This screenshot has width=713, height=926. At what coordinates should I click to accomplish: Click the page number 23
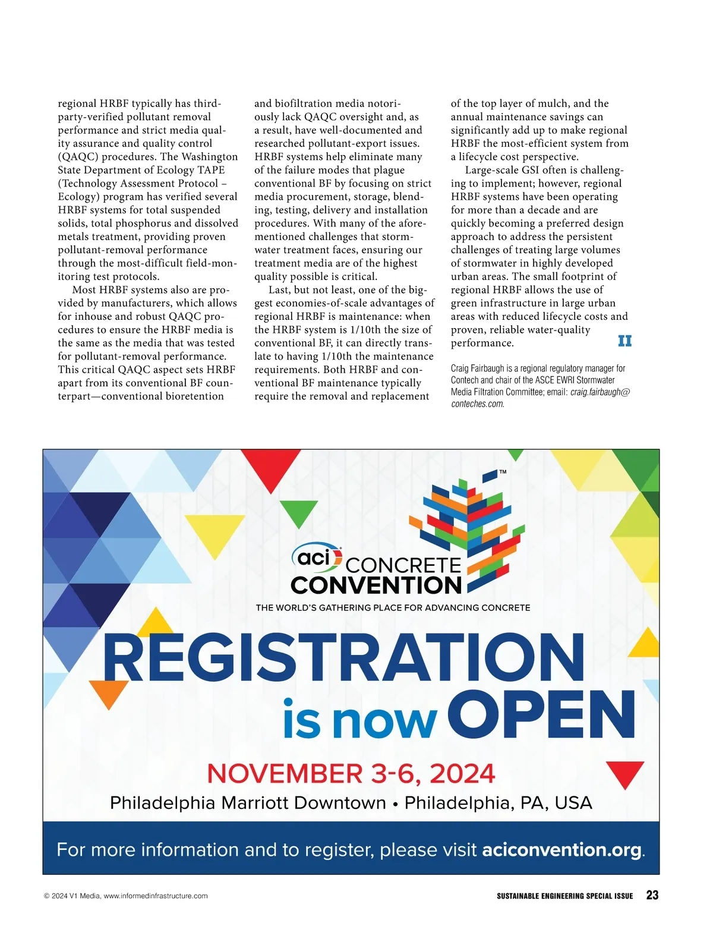point(652,895)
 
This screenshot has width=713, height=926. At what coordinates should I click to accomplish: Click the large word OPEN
point(541,714)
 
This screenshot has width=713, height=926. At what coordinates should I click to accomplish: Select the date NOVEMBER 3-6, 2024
point(351,773)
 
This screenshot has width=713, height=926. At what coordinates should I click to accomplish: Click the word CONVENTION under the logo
point(376,585)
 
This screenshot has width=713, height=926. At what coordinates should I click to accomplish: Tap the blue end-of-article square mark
point(624,341)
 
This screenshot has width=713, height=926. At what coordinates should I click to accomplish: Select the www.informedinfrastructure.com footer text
point(156,896)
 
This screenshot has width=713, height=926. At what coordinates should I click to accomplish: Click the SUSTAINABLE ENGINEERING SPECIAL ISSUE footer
point(564,896)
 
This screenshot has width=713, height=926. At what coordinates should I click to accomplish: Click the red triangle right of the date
point(624,773)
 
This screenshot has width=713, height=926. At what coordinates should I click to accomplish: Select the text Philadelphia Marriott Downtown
point(248,803)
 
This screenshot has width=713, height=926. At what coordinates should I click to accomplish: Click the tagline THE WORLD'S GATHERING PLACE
point(393,607)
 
